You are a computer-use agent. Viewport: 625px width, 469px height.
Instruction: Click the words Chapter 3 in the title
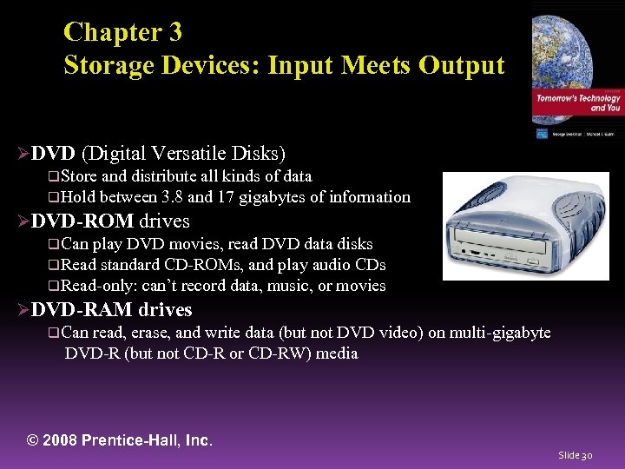[x=122, y=32]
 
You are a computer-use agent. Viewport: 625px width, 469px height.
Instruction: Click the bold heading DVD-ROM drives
[x=110, y=221]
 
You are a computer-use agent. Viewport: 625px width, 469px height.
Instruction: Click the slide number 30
[x=587, y=455]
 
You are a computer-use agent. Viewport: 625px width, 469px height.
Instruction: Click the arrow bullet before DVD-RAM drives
[x=23, y=310]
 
